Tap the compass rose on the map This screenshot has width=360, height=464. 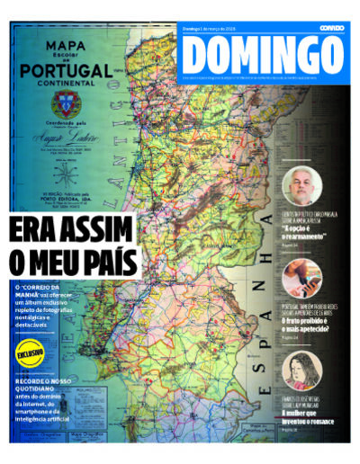[x=60, y=163]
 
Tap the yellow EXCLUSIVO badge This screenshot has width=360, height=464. [x=30, y=352]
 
